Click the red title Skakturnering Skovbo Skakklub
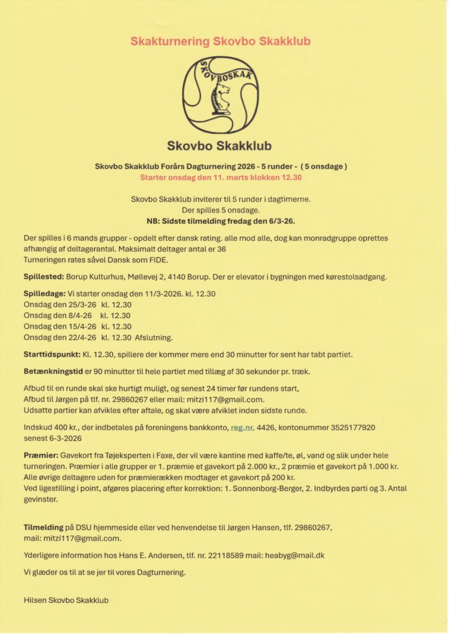pyautogui.click(x=220, y=42)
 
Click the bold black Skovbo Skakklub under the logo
pyautogui.click(x=219, y=146)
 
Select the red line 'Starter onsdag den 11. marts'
pyautogui.click(x=220, y=177)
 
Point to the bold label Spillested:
pyautogui.click(x=44, y=277)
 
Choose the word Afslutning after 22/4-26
pyautogui.click(x=154, y=337)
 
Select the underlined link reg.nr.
pyautogui.click(x=242, y=427)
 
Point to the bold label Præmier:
pyautogui.click(x=41, y=455)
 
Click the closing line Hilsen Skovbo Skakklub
pyautogui.click(x=66, y=600)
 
